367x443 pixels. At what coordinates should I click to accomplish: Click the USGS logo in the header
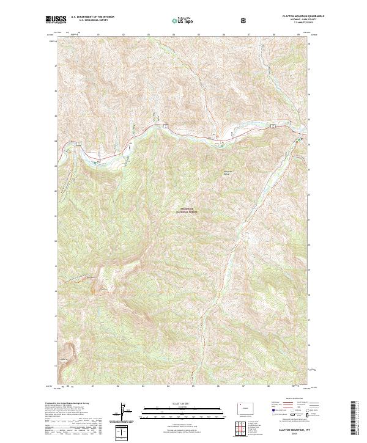[56, 20]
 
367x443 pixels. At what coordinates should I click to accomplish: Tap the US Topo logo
[183, 21]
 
